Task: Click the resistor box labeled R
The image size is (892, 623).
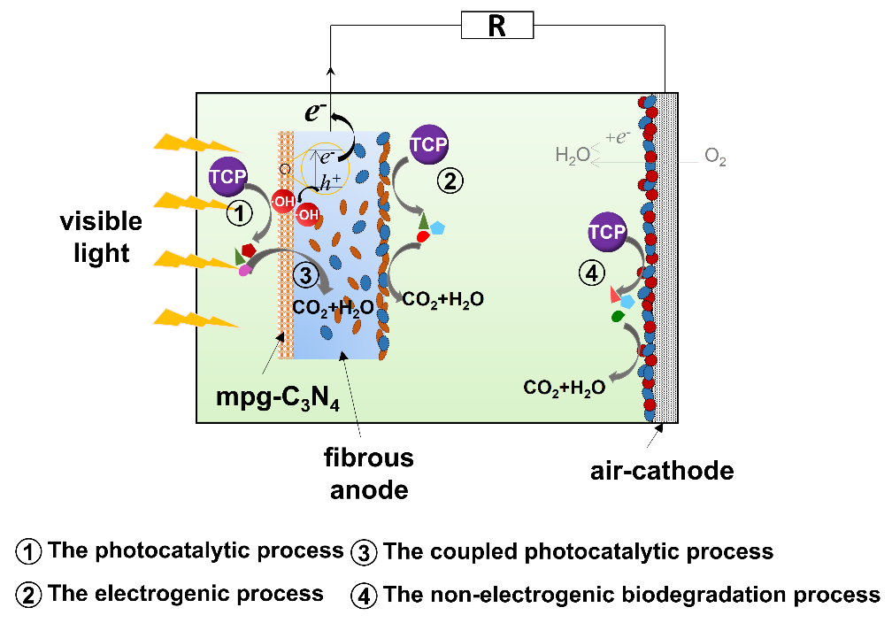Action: click(x=497, y=27)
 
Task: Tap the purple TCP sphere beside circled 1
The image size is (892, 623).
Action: click(x=227, y=177)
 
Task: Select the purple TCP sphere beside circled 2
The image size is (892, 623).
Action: click(x=427, y=144)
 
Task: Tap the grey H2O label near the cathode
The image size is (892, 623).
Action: click(x=572, y=157)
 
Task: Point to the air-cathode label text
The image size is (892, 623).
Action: click(x=662, y=471)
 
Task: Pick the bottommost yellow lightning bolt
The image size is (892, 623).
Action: click(x=196, y=317)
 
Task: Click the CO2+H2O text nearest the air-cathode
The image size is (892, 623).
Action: click(x=565, y=388)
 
